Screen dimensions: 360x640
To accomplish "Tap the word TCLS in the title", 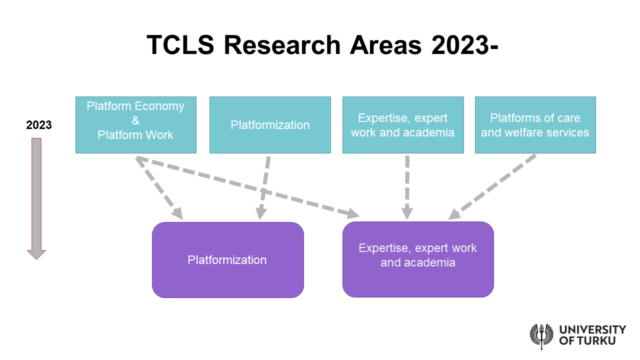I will (x=180, y=45).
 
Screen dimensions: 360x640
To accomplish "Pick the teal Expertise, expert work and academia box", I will (x=403, y=145).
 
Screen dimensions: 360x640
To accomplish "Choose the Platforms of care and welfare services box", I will (x=535, y=145).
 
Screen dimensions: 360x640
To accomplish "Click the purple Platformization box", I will (x=227, y=280).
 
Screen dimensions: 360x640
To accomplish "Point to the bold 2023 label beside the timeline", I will (x=39, y=125).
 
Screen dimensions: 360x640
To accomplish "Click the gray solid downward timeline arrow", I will (x=36, y=195).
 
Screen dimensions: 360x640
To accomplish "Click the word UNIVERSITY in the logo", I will (x=592, y=329).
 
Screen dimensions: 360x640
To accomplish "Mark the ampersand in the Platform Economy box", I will (x=135, y=120).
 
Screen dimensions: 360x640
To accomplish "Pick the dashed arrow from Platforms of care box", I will (x=492, y=187).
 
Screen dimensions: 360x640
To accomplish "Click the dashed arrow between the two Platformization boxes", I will (x=264, y=187).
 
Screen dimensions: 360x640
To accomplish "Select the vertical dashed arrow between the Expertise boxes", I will (x=407, y=187).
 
